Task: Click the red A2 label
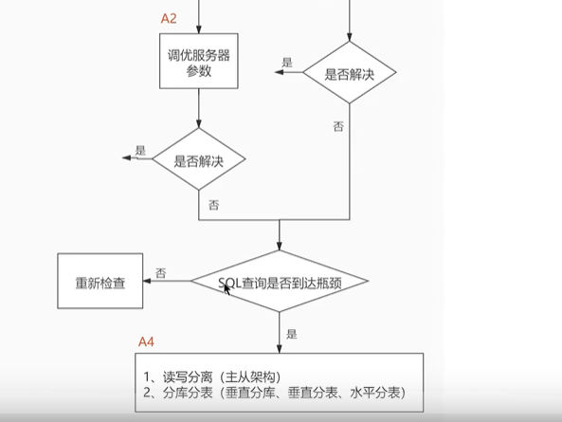169,18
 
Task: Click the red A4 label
146,341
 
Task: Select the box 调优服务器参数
199,61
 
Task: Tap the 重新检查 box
100,281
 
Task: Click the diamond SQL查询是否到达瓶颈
280,281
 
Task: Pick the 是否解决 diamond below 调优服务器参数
199,158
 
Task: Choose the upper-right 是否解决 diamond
350,72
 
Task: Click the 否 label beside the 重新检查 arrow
160,273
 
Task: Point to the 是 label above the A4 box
291,334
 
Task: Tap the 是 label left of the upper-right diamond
287,63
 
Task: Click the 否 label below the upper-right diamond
338,126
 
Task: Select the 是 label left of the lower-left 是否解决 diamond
140,150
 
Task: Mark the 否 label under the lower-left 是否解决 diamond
213,205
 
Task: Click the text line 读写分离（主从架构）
212,376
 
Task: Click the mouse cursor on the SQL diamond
227,289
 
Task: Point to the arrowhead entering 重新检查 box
147,281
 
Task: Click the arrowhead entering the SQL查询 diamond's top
280,246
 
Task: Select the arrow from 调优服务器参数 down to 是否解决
199,108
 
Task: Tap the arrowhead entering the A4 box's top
280,349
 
